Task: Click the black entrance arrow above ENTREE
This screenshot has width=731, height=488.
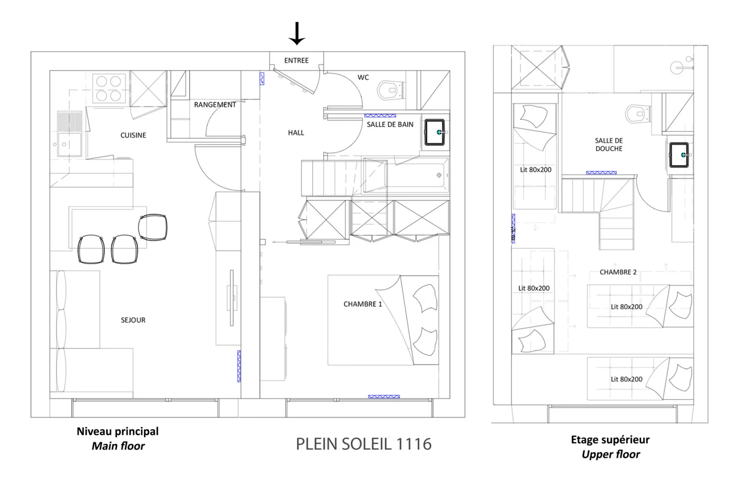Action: coord(296,33)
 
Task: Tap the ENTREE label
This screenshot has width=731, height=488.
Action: coord(296,61)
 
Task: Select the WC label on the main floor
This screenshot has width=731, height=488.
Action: coord(363,77)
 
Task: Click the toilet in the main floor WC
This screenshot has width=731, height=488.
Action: coord(390,90)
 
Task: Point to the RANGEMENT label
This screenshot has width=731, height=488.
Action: coord(215,105)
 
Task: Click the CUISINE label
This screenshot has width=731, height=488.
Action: coord(133,135)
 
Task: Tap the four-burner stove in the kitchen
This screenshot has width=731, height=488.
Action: coord(109,88)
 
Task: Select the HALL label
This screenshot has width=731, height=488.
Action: coord(296,133)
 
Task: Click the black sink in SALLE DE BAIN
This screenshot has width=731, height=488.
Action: coord(435,132)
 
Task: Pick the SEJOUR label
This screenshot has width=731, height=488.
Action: coord(133,320)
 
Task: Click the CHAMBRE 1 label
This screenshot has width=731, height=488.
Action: coord(362,304)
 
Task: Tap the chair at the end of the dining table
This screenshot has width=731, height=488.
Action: coord(153,227)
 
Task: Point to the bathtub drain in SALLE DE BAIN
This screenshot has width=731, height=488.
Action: coord(439,175)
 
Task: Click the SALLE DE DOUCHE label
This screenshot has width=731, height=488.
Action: coord(609,145)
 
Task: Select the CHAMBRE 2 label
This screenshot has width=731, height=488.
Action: coord(618,272)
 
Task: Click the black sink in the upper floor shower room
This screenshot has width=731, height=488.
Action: coord(679,155)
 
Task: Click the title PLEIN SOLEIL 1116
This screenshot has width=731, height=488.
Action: coord(364,444)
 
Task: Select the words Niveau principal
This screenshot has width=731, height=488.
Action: coord(117,432)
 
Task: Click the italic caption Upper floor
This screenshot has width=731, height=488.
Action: coord(611,454)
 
